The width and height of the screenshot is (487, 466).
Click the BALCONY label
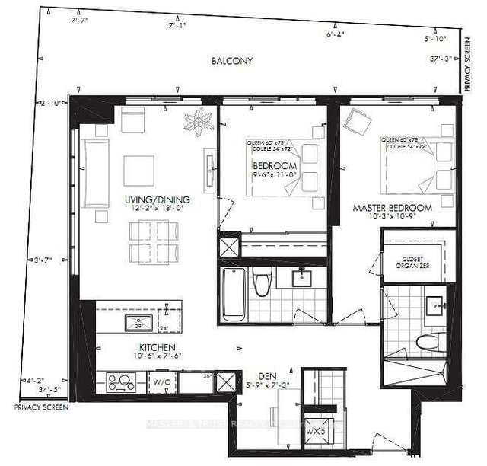234,61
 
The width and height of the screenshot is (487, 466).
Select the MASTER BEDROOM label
392,207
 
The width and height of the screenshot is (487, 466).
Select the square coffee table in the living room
138,170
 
